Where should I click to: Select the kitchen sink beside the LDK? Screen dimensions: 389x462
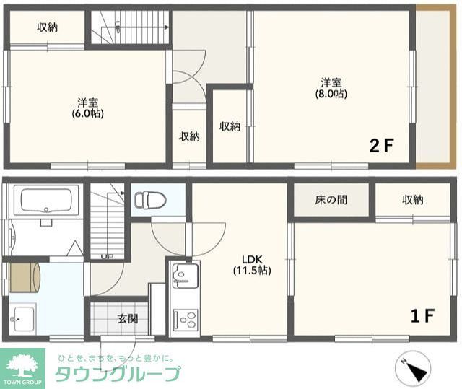[185, 276]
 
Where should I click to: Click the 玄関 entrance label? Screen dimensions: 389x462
[127, 318]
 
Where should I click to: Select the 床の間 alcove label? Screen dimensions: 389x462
[331, 199]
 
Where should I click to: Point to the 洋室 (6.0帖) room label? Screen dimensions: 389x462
[87, 108]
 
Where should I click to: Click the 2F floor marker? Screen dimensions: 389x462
[381, 146]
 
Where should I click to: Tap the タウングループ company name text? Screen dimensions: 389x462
[118, 374]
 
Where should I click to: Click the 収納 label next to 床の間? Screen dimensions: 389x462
[413, 199]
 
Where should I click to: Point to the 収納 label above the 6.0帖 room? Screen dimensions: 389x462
[48, 27]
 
